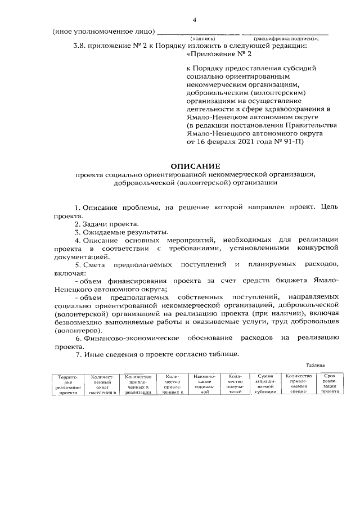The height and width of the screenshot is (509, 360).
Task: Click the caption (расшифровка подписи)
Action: click(x=285, y=38)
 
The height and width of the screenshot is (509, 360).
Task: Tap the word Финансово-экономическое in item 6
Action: click(x=131, y=337)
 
